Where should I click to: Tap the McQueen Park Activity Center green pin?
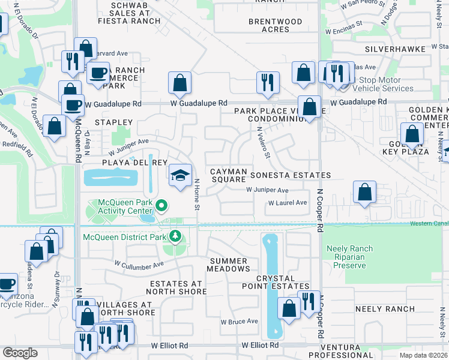tap(161, 207)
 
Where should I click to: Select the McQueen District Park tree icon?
tap(175, 236)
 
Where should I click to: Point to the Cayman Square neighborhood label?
tap(228, 175)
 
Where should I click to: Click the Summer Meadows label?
tap(228, 265)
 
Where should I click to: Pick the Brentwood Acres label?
tap(276, 25)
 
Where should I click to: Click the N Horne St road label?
tap(196, 195)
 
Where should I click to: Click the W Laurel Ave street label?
tap(288, 203)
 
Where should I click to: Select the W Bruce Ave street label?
tap(239, 322)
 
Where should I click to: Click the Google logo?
tap(20, 353)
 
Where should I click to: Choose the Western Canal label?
tap(429, 224)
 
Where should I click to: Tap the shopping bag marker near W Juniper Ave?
tap(365, 193)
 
